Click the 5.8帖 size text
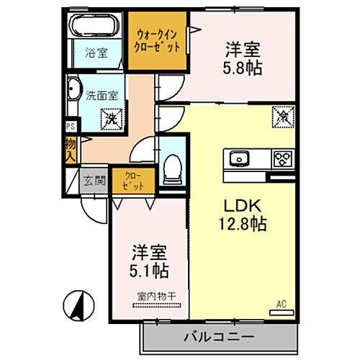(243, 68)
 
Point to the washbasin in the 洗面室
(73, 92)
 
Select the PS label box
(70, 127)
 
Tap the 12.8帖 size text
(243, 224)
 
